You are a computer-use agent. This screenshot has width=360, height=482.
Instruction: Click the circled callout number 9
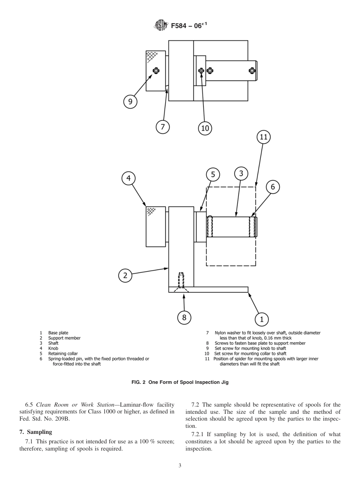[130, 102]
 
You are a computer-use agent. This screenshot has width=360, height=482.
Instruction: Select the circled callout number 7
[163, 127]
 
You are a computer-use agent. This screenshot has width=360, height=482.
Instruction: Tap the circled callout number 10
[205, 128]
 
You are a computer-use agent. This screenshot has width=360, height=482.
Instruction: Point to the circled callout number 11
[264, 137]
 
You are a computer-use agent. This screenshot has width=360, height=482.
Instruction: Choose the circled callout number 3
[241, 174]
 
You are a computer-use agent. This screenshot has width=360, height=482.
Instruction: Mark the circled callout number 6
[272, 187]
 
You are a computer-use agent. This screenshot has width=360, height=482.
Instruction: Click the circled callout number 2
[125, 275]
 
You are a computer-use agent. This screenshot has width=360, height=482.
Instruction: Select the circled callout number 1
[261, 319]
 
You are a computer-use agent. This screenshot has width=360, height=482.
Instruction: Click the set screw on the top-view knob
[155, 70]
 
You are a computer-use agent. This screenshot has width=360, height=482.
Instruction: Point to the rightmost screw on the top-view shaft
[252, 70]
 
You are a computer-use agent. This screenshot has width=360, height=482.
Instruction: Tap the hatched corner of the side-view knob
[152, 211]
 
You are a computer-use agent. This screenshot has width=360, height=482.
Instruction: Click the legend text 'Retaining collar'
[63, 354]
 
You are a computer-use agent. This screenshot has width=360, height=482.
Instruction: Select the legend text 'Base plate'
[58, 333]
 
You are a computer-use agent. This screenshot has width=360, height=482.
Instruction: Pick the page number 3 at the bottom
[180, 465]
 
